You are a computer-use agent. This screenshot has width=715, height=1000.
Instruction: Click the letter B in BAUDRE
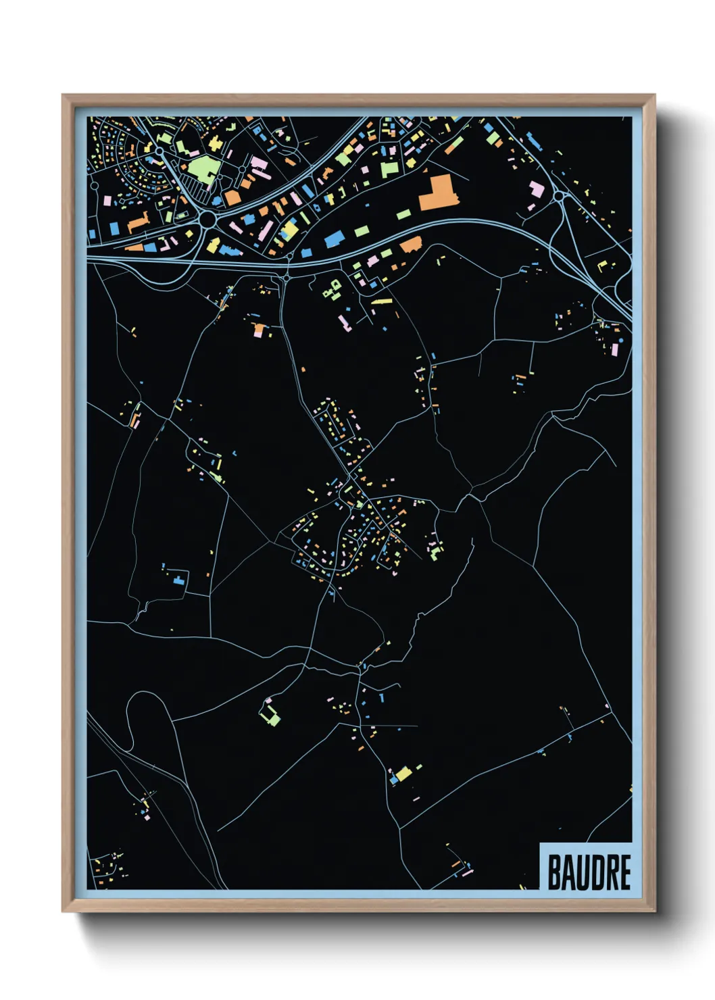[553, 872]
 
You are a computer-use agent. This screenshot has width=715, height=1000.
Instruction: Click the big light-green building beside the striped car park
[201, 168]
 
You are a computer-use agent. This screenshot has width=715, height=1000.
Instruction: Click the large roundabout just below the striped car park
[207, 220]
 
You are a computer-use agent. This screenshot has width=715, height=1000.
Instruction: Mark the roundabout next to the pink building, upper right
[559, 197]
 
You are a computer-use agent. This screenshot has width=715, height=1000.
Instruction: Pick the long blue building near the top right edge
[534, 142]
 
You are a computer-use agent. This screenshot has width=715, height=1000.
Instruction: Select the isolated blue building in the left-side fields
[179, 579]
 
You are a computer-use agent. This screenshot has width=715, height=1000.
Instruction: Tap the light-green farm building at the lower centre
[270, 715]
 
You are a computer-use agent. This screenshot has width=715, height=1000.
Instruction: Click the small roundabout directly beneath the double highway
[287, 277]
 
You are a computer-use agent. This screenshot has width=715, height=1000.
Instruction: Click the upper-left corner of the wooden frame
[63, 95]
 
